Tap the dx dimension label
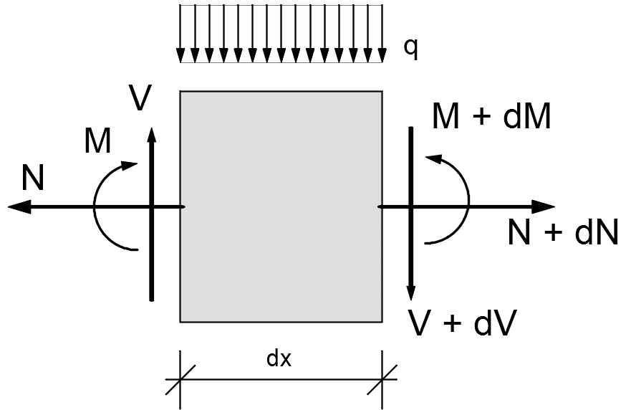pyautogui.click(x=279, y=358)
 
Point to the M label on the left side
pyautogui.click(x=97, y=142)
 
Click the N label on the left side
pyautogui.click(x=33, y=178)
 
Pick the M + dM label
pyautogui.click(x=492, y=117)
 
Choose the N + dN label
pyautogui.click(x=562, y=233)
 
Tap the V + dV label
pyautogui.click(x=462, y=323)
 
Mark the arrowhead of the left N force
pyautogui.click(x=18, y=206)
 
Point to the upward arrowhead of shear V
pyautogui.click(x=151, y=135)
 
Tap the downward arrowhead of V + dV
pyautogui.click(x=411, y=292)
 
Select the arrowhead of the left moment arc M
pyautogui.click(x=130, y=166)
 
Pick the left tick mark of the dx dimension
pyautogui.click(x=180, y=378)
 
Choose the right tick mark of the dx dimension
pyautogui.click(x=382, y=378)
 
